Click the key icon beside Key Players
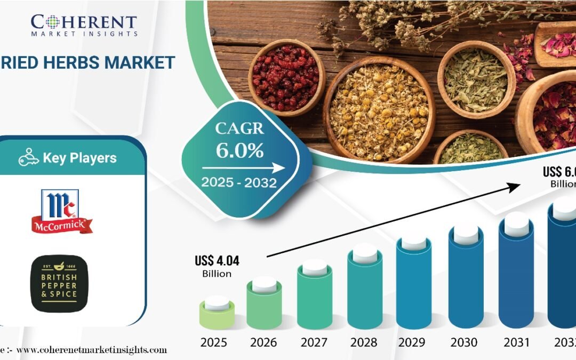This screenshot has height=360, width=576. coord(29,158)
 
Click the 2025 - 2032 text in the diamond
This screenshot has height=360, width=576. coord(238,183)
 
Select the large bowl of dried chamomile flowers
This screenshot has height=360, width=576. coord(379,109)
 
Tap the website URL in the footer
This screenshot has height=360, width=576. coord(91,350)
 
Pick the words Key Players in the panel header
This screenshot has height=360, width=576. coord(79,158)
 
